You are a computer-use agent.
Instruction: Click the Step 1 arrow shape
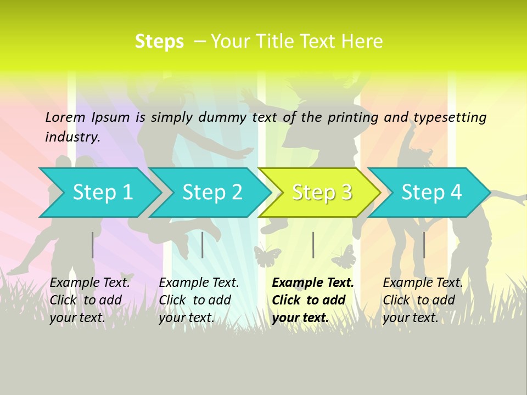click(101, 193)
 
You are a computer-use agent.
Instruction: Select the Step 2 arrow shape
click(211, 193)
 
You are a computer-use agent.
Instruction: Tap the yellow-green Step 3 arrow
click(321, 193)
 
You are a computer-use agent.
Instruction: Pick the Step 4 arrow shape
click(431, 193)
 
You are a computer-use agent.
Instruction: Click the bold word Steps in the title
click(159, 42)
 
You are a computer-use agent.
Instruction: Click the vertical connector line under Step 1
click(93, 245)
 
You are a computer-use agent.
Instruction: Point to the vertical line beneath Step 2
click(203, 245)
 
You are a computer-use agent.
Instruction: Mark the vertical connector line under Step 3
click(313, 245)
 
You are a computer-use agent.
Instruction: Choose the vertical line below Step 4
click(424, 245)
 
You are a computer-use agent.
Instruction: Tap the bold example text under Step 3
click(312, 300)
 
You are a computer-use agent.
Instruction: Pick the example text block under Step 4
click(422, 300)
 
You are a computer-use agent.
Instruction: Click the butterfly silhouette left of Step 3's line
click(267, 256)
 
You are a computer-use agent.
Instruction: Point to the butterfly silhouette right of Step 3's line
click(344, 257)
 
